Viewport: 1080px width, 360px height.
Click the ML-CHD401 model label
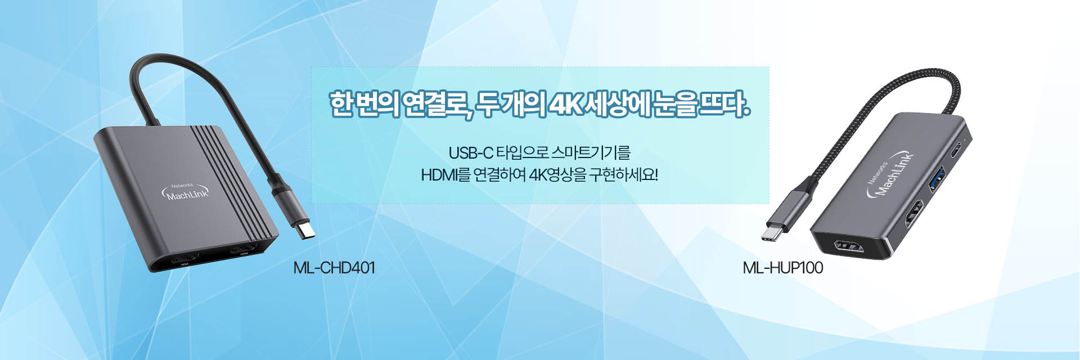334,268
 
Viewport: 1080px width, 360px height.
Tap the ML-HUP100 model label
782,268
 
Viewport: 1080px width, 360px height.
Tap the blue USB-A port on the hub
938,179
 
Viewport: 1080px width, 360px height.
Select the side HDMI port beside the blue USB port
914,214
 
